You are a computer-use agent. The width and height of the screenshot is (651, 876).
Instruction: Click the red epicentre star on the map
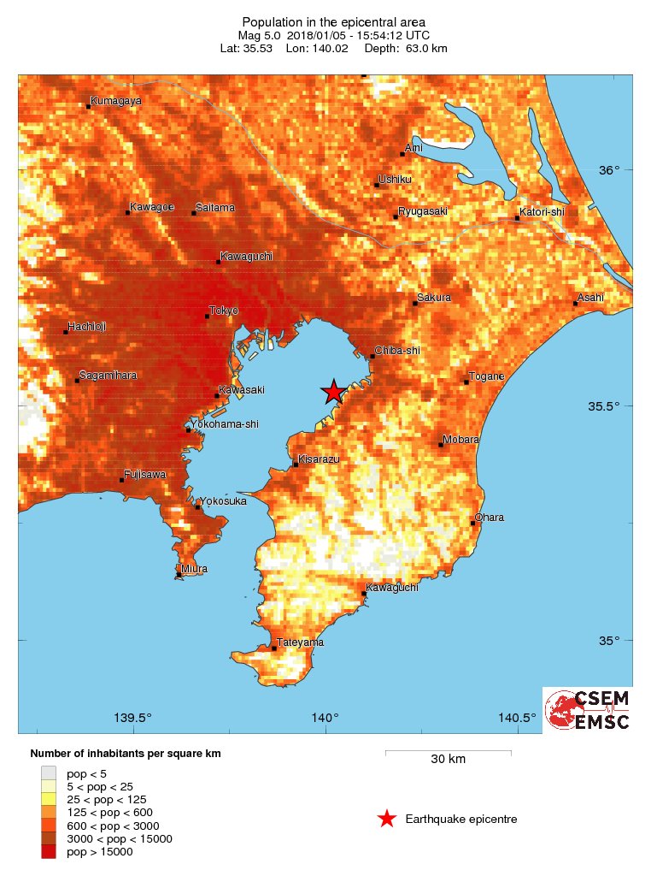click(x=333, y=392)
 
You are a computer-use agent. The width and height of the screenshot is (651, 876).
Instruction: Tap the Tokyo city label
click(x=224, y=310)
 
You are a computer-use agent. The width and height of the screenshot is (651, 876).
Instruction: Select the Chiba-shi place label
click(x=397, y=351)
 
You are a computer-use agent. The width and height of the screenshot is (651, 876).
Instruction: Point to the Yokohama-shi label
click(x=225, y=424)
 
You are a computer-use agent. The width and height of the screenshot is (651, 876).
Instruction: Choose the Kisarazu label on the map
click(x=320, y=459)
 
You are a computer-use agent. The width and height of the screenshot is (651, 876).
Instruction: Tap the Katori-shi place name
click(x=542, y=212)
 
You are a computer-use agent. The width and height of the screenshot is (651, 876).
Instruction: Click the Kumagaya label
click(x=116, y=100)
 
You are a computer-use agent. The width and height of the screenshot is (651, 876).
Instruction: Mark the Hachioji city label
click(x=87, y=327)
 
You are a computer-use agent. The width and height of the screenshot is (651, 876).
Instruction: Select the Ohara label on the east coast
click(x=490, y=518)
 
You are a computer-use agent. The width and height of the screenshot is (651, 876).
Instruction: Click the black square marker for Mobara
click(x=441, y=445)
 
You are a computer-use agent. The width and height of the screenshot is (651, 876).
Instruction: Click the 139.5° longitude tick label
click(x=134, y=718)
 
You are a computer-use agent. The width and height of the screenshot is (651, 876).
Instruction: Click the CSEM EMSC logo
click(x=588, y=709)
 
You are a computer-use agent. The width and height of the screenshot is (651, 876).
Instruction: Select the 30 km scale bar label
click(x=448, y=759)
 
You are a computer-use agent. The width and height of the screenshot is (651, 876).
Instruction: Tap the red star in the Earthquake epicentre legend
click(x=387, y=819)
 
